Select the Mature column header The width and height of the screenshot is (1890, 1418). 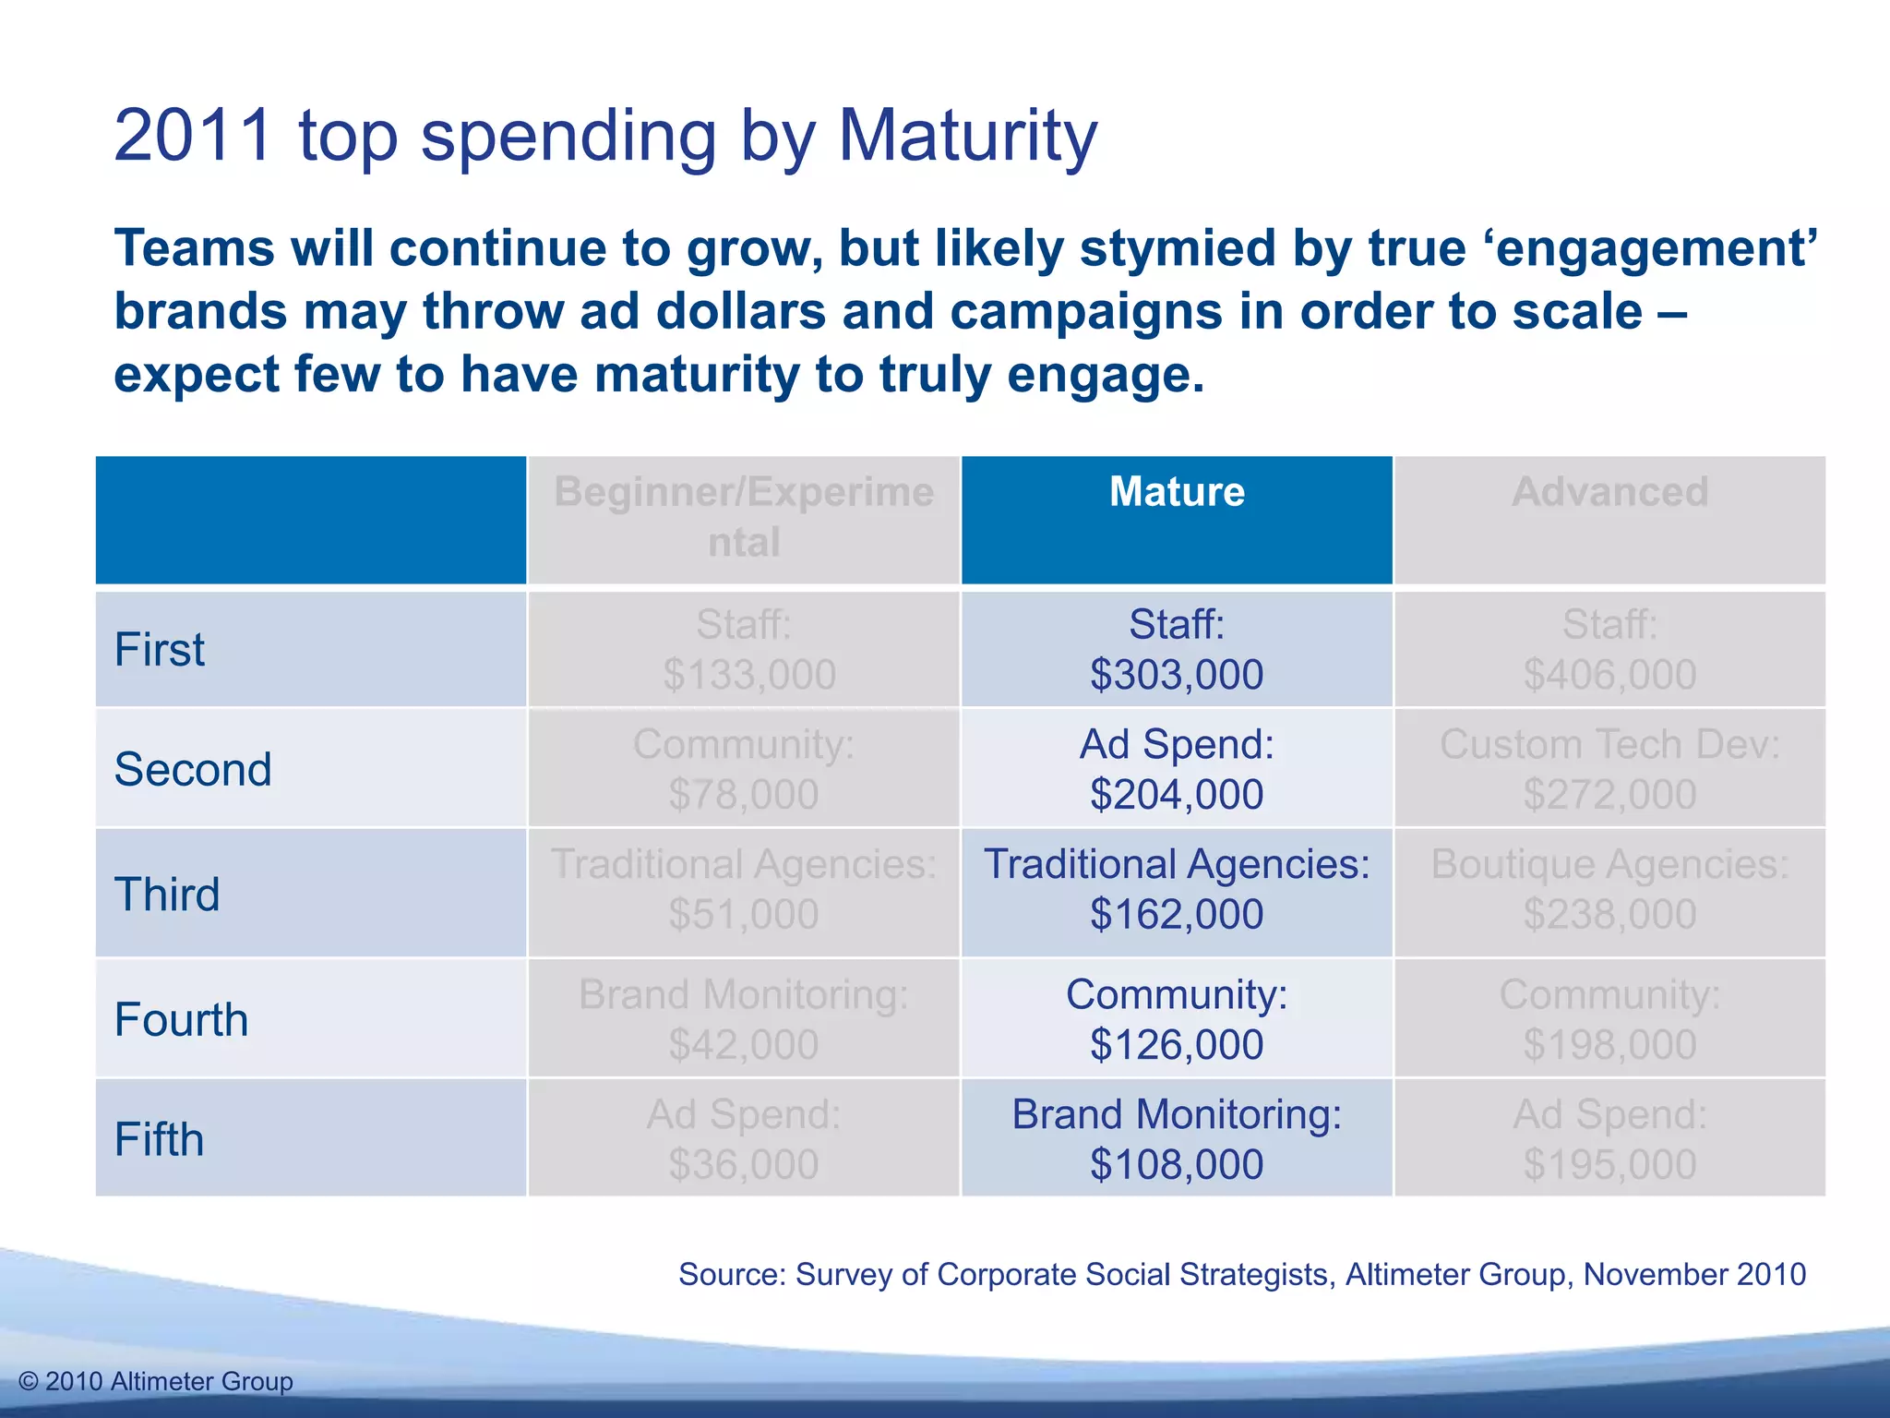click(x=1177, y=492)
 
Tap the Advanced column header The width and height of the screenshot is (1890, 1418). click(x=1609, y=492)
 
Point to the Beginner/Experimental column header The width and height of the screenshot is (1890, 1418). click(x=744, y=517)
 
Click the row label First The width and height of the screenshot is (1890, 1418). click(x=159, y=650)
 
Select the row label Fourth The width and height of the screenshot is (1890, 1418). click(x=181, y=1020)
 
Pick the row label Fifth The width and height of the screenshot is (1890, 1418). click(x=159, y=1139)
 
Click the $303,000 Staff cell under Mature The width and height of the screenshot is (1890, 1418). click(x=1177, y=650)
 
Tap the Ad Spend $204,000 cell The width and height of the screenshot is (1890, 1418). click(x=1177, y=769)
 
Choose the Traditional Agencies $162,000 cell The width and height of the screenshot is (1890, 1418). click(x=1177, y=890)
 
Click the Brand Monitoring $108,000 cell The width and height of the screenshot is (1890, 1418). click(x=1177, y=1139)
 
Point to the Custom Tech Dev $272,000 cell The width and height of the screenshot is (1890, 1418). click(x=1609, y=769)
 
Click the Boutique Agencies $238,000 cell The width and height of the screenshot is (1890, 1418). click(x=1609, y=890)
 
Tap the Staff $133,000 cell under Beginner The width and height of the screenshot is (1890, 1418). click(x=744, y=650)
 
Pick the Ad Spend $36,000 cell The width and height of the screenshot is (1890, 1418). click(x=744, y=1139)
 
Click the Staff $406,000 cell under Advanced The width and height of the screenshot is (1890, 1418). click(x=1609, y=650)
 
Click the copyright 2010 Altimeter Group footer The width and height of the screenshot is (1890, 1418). click(x=156, y=1381)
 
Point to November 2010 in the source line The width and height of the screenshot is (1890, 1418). click(x=1694, y=1274)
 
